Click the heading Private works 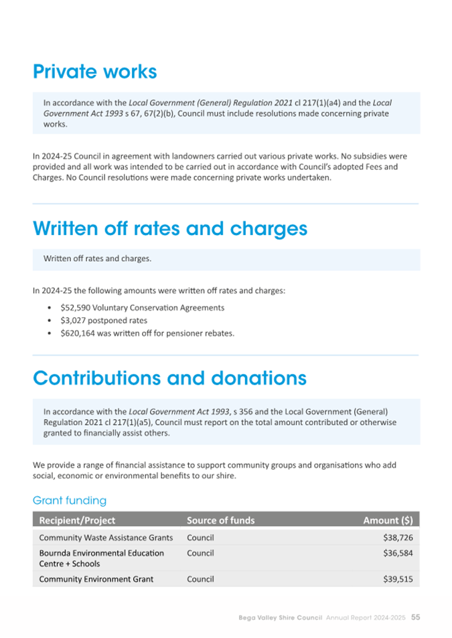[94, 72]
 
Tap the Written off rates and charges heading [170, 228]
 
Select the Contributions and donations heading [169, 378]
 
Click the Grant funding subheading [70, 500]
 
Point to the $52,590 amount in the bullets [74, 308]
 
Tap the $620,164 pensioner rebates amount [77, 333]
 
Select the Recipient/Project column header [77, 520]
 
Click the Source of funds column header [220, 520]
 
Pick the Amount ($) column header [388, 520]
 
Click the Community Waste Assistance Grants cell [106, 538]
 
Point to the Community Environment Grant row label [96, 579]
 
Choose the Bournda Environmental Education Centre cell [101, 558]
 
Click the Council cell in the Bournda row [200, 553]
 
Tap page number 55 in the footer [415, 617]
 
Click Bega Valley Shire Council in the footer [281, 617]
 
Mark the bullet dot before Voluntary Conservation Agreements [52, 308]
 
